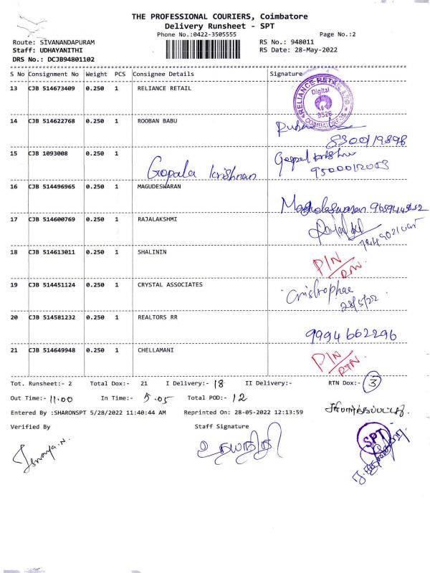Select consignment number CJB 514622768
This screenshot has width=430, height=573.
coord(52,121)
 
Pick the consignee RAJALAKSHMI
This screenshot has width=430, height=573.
coord(158,219)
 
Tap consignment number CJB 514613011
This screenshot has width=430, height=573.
coord(52,252)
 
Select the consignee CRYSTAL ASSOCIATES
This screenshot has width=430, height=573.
coord(170,284)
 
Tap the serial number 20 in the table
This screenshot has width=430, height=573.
coord(14,317)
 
